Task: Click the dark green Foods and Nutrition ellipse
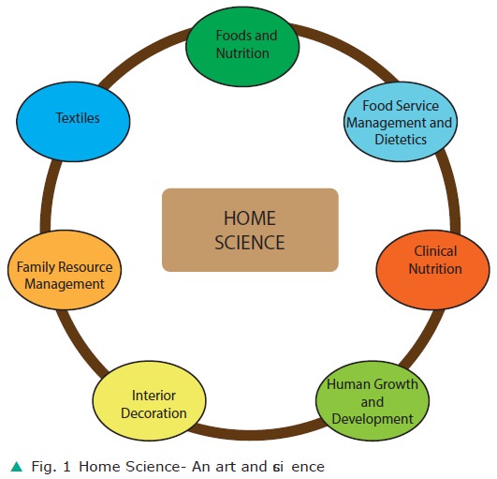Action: (x=242, y=46)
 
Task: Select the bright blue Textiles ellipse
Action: (x=73, y=122)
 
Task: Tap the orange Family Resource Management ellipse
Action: (x=65, y=270)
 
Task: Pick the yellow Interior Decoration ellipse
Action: (x=150, y=400)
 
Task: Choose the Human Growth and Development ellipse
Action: (x=373, y=400)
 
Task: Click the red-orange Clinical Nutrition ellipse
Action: (x=433, y=270)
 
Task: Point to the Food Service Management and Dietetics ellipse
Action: (x=401, y=122)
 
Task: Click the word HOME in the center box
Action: (x=250, y=218)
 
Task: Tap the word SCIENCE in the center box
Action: (x=250, y=243)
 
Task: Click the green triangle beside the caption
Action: (x=17, y=467)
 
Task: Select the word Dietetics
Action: (x=401, y=140)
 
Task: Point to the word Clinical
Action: (x=435, y=251)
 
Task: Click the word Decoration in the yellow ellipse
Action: (x=153, y=413)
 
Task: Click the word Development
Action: (x=373, y=419)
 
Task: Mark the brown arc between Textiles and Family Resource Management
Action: (x=46, y=195)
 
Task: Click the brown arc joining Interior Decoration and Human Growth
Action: (x=256, y=433)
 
